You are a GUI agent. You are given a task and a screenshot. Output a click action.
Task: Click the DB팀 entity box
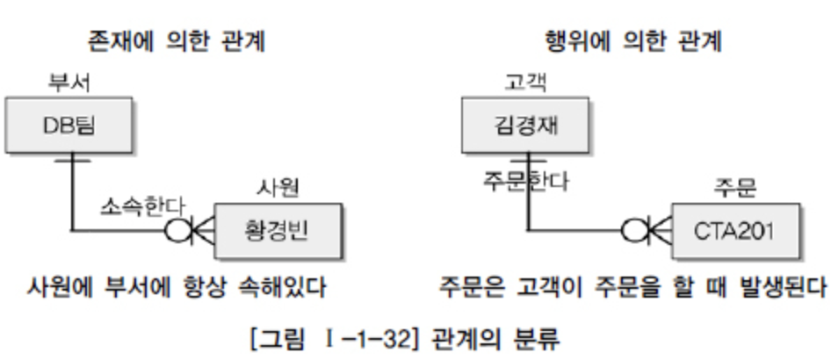pyautogui.click(x=69, y=126)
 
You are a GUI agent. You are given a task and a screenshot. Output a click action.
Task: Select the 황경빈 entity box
pyautogui.click(x=277, y=231)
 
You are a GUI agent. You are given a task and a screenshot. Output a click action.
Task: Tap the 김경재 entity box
pyautogui.click(x=525, y=126)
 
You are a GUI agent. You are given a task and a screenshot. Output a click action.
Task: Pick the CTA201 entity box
pyautogui.click(x=736, y=231)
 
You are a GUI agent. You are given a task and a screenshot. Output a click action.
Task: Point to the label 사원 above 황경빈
pyautogui.click(x=277, y=188)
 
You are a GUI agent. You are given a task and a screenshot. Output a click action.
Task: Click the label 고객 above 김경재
pyautogui.click(x=525, y=84)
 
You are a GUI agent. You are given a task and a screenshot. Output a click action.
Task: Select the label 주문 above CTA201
pyautogui.click(x=735, y=188)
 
